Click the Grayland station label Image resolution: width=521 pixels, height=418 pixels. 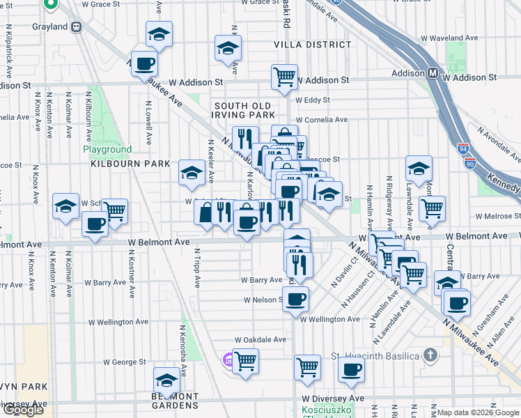(50, 27)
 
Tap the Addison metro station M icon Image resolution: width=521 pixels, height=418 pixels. (433, 72)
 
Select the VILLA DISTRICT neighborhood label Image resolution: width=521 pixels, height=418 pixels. (313, 45)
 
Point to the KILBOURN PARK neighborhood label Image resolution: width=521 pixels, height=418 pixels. (130, 164)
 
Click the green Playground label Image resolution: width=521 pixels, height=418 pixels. (107, 149)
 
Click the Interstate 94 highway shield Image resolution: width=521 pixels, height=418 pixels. (463, 148)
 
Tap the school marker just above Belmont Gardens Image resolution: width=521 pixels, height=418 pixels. (166, 380)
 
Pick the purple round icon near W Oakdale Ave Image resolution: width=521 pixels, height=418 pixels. (227, 360)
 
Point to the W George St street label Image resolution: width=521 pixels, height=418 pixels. (125, 362)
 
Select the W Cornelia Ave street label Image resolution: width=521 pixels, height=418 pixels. (322, 120)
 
